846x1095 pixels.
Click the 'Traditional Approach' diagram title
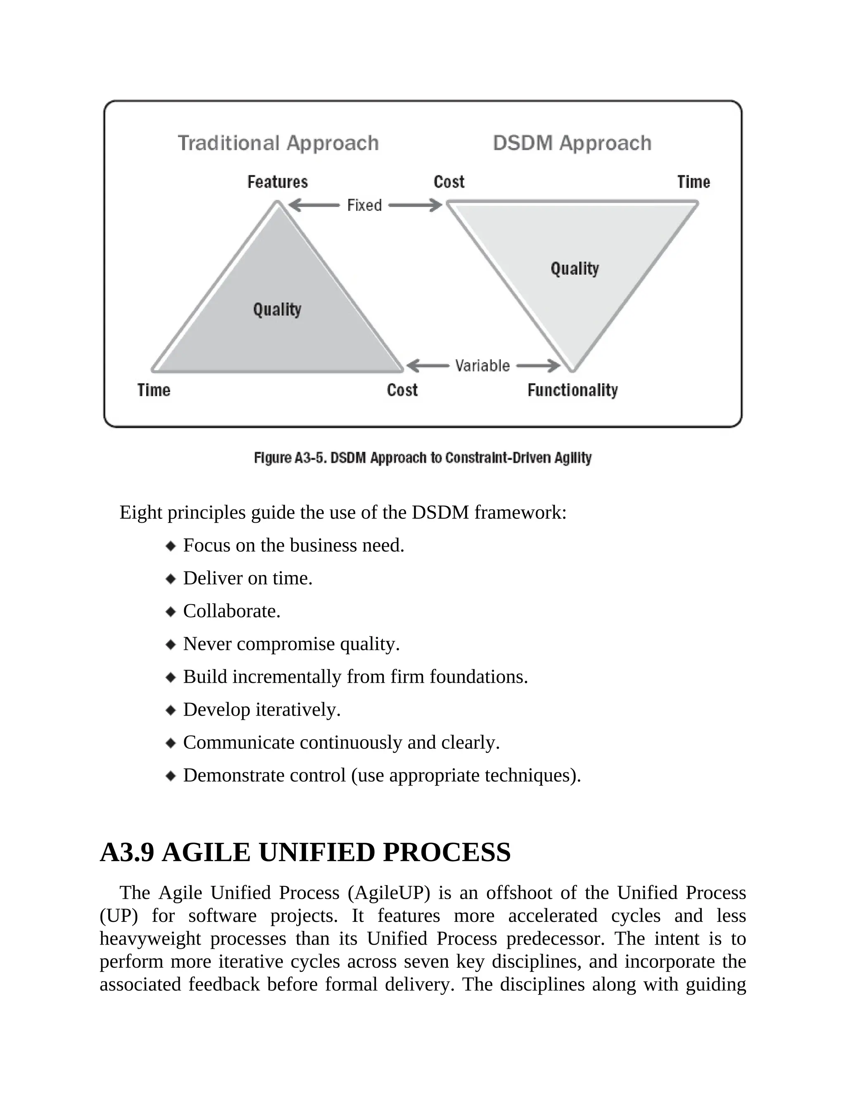coord(278,143)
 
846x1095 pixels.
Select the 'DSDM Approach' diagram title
coord(572,143)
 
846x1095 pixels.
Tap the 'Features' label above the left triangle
coord(278,182)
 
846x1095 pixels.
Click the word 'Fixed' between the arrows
coord(364,205)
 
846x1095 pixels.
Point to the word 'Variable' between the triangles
coord(482,366)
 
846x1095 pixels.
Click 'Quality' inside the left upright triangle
coord(277,309)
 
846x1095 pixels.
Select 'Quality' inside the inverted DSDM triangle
coord(575,269)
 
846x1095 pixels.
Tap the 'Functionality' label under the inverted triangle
coord(573,390)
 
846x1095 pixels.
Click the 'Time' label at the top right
coord(694,182)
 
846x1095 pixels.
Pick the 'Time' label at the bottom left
coord(154,390)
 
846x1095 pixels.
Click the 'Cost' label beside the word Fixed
coord(449,182)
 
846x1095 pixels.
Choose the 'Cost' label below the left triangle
coord(402,390)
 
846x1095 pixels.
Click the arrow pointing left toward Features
coord(314,205)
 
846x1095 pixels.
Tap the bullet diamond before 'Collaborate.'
coord(171,612)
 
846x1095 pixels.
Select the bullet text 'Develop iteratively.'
coord(261,710)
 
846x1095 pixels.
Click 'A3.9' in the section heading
coord(127,852)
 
